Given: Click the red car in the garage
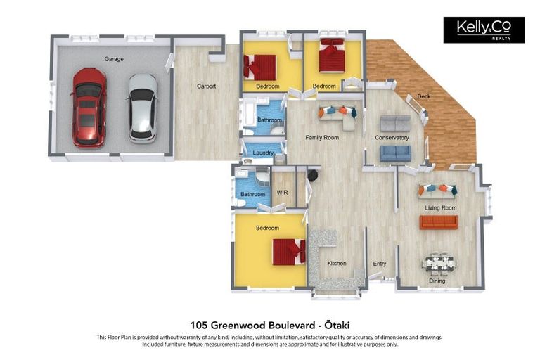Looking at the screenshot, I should click(89, 107).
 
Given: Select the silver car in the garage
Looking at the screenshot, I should click(142, 108).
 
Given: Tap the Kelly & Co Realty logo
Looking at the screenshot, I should click(484, 30).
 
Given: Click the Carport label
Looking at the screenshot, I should click(206, 86).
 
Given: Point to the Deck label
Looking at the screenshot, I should click(423, 96).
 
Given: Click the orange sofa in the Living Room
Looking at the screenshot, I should click(439, 222).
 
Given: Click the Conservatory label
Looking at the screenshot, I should click(392, 138).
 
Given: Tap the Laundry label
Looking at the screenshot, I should click(263, 153).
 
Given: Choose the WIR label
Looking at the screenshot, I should click(283, 192).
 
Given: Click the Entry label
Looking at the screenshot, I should click(380, 264).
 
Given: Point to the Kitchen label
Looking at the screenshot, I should click(337, 264).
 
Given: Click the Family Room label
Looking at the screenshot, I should click(322, 138).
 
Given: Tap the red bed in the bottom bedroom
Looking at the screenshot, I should click(289, 252).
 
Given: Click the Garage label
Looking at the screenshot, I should click(114, 59).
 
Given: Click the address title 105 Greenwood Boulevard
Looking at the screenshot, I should click(270, 325).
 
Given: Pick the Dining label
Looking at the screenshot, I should click(437, 281).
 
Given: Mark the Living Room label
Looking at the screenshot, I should click(440, 208).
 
